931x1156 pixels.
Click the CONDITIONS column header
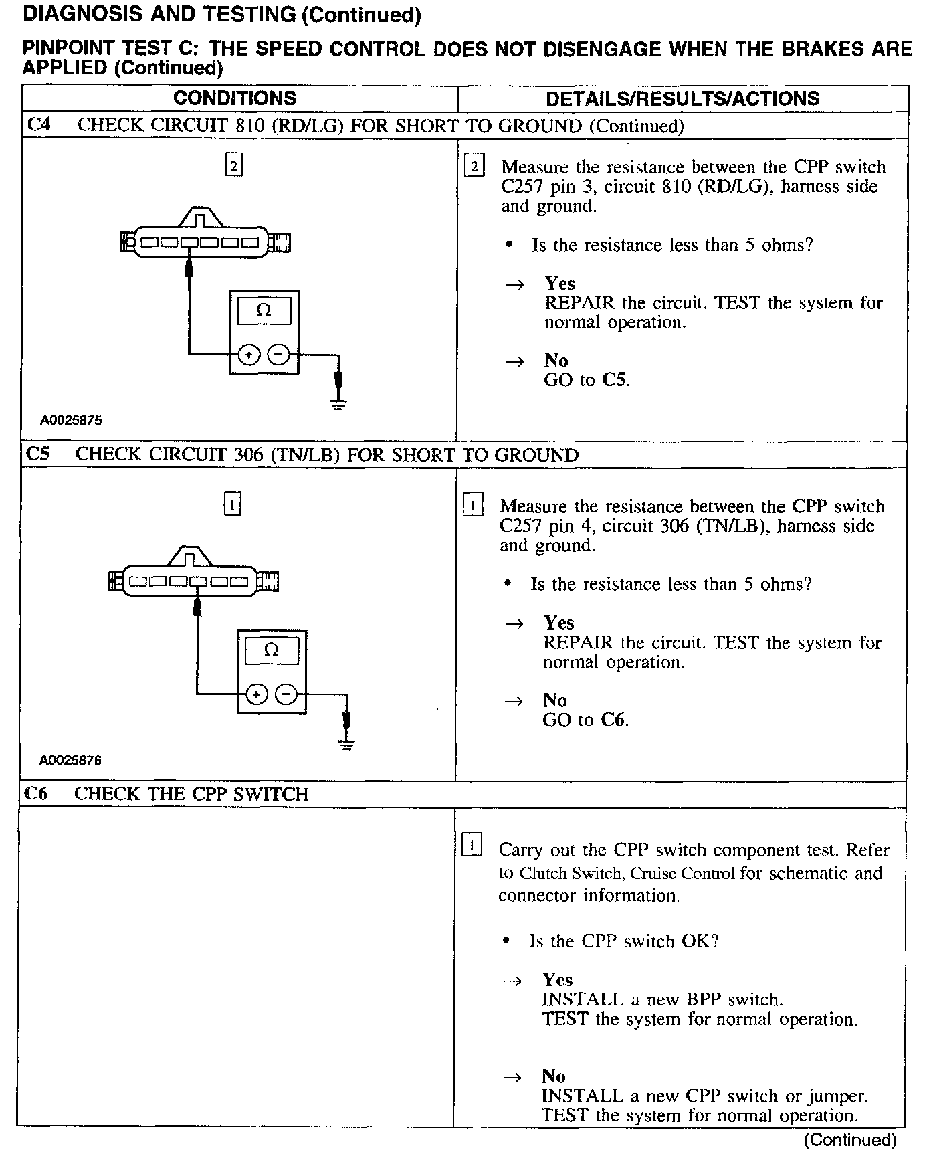[235, 98]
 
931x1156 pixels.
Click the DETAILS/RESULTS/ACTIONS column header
[682, 99]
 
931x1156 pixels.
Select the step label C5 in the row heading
[37, 454]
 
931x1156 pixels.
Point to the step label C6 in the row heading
[36, 793]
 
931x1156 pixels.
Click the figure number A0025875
[71, 421]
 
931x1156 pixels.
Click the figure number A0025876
[70, 760]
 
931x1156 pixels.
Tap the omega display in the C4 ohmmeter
[264, 311]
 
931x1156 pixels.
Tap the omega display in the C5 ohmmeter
[272, 650]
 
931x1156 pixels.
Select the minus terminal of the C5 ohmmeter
[287, 694]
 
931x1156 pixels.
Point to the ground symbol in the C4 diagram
[339, 403]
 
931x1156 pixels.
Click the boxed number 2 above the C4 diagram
[233, 165]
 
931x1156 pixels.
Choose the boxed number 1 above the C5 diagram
[232, 504]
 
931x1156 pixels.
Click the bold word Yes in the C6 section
[557, 980]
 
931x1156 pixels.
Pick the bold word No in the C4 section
[556, 361]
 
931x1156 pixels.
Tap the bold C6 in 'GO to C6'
[613, 720]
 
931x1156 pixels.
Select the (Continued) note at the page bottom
[849, 1140]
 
